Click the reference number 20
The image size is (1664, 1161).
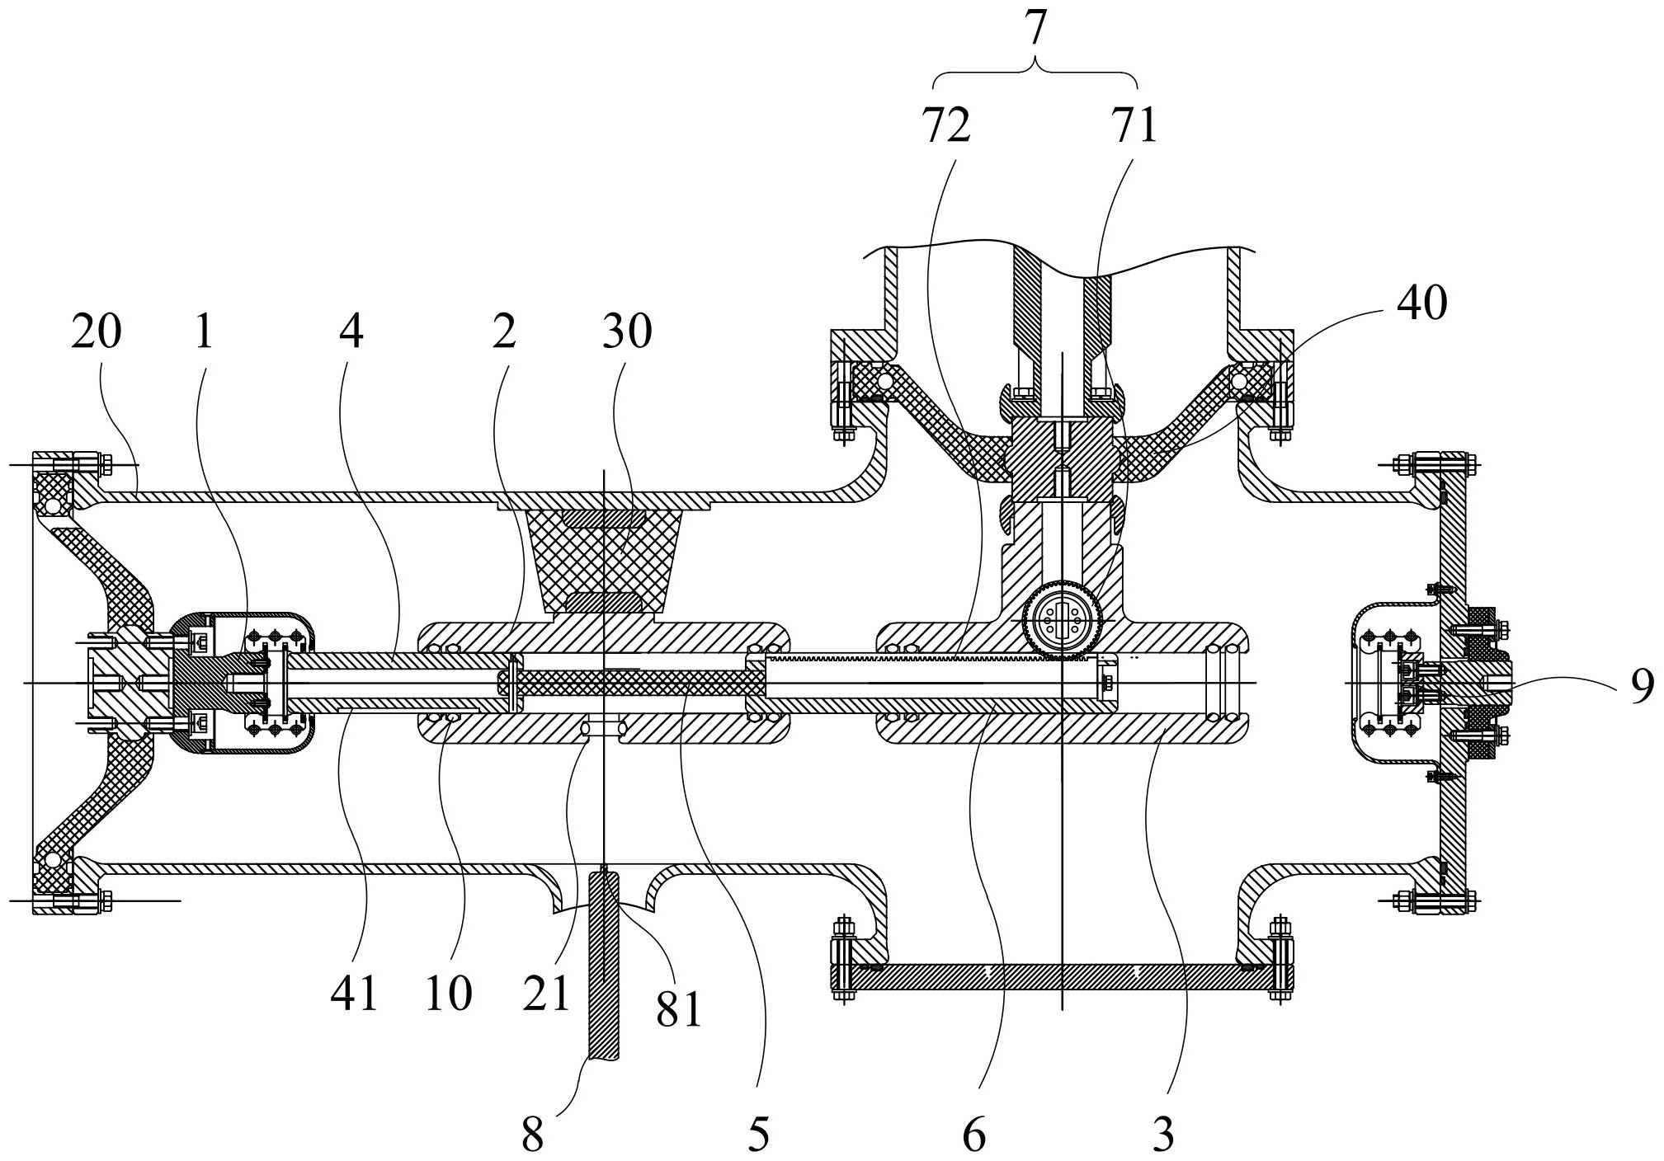(97, 333)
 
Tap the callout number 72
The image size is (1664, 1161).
(946, 125)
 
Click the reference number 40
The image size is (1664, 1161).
(1421, 303)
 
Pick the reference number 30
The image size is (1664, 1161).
(627, 333)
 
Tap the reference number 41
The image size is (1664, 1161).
(354, 993)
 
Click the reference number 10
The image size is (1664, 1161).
(449, 993)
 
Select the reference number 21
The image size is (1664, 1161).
(546, 993)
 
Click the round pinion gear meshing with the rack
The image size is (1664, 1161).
(1062, 619)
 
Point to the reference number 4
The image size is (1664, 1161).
(351, 333)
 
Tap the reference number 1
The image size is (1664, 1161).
(204, 333)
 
